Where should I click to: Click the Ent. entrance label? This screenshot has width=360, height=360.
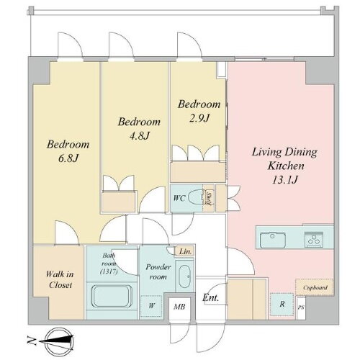pyautogui.click(x=212, y=297)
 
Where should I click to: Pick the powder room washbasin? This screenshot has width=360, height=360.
pyautogui.click(x=184, y=276)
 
